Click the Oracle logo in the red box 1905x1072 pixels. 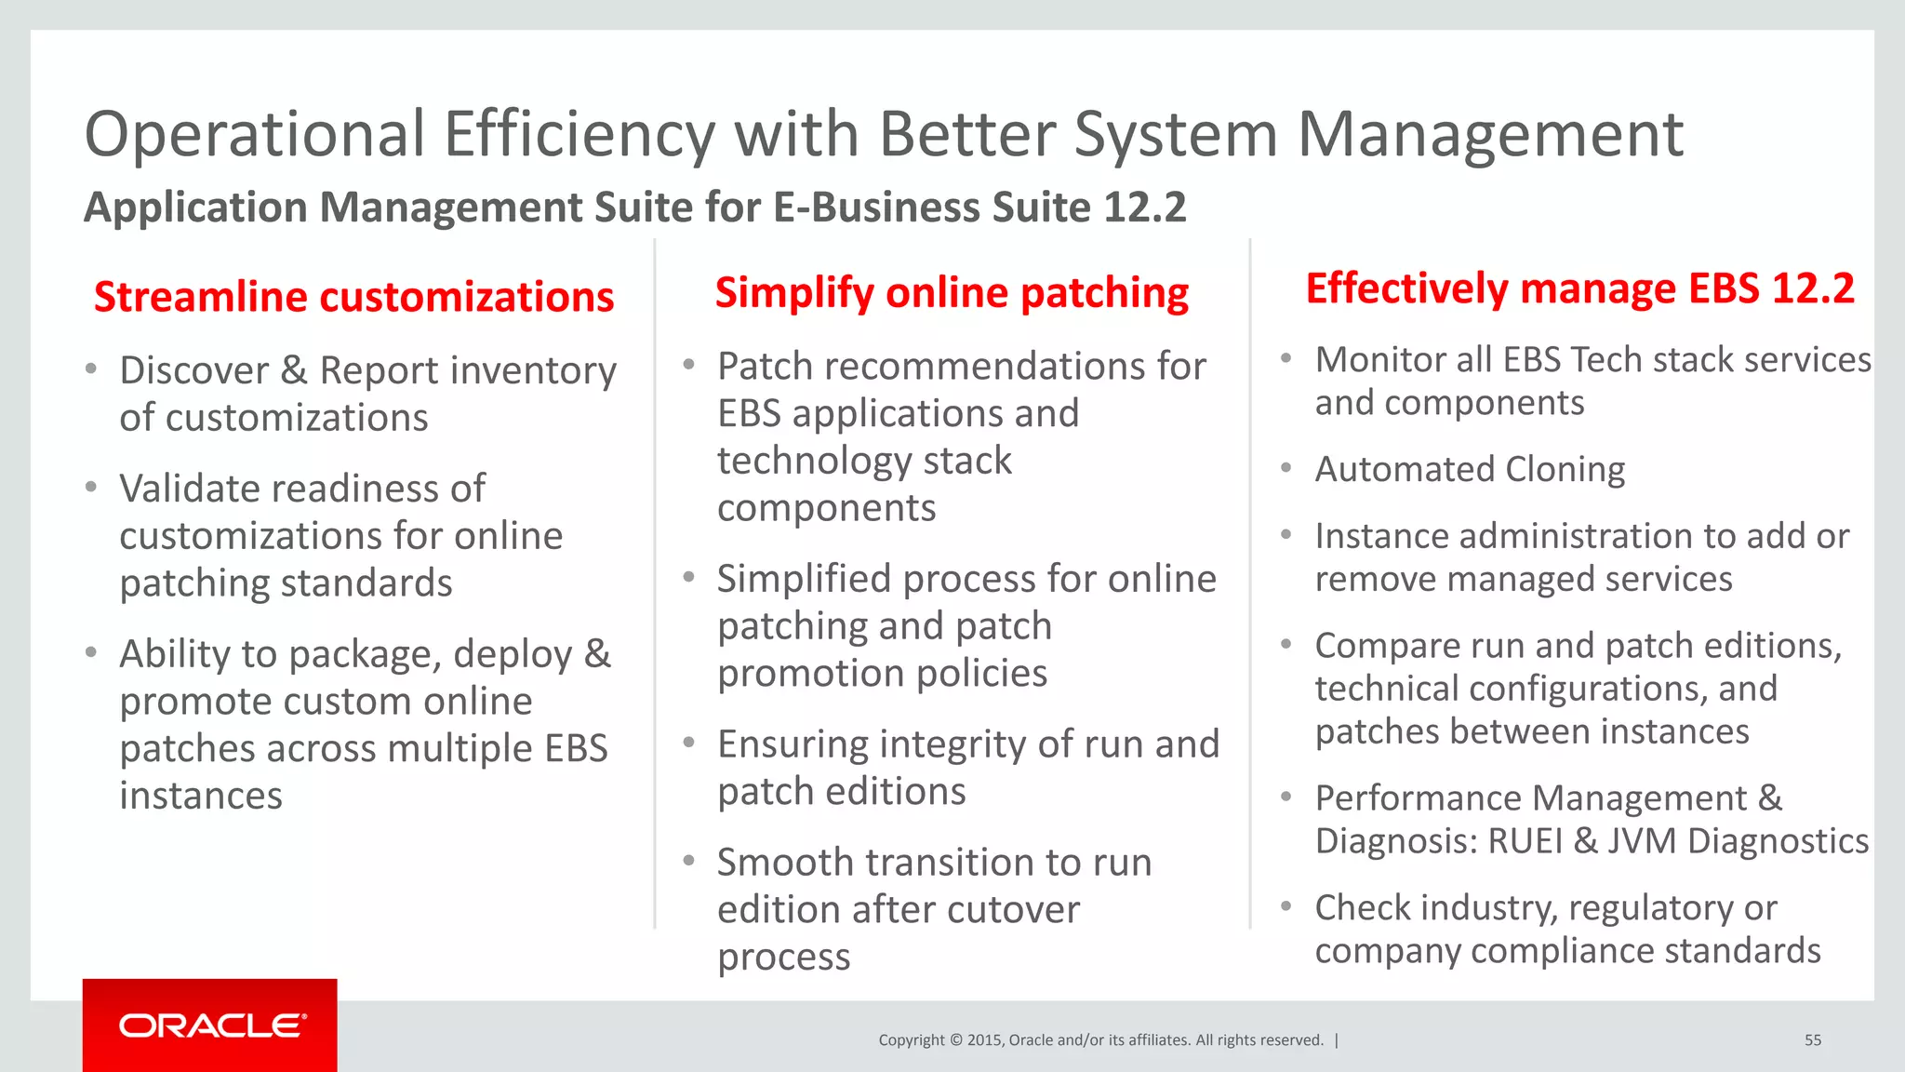(x=212, y=1025)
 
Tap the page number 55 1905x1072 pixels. (x=1812, y=1040)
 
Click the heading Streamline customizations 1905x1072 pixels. (x=353, y=297)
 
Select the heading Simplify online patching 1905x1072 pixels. (x=952, y=293)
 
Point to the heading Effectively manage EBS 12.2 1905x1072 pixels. (x=1579, y=288)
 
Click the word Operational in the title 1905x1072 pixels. (x=255, y=135)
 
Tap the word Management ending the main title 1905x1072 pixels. (x=1489, y=135)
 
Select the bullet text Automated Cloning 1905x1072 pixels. (x=1470, y=469)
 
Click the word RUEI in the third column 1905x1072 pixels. (x=1525, y=841)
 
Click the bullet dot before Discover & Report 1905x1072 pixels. (x=91, y=369)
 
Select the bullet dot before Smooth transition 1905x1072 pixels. (x=689, y=861)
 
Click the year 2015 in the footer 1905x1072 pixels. (x=984, y=1040)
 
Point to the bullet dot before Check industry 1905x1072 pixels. (x=1286, y=905)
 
